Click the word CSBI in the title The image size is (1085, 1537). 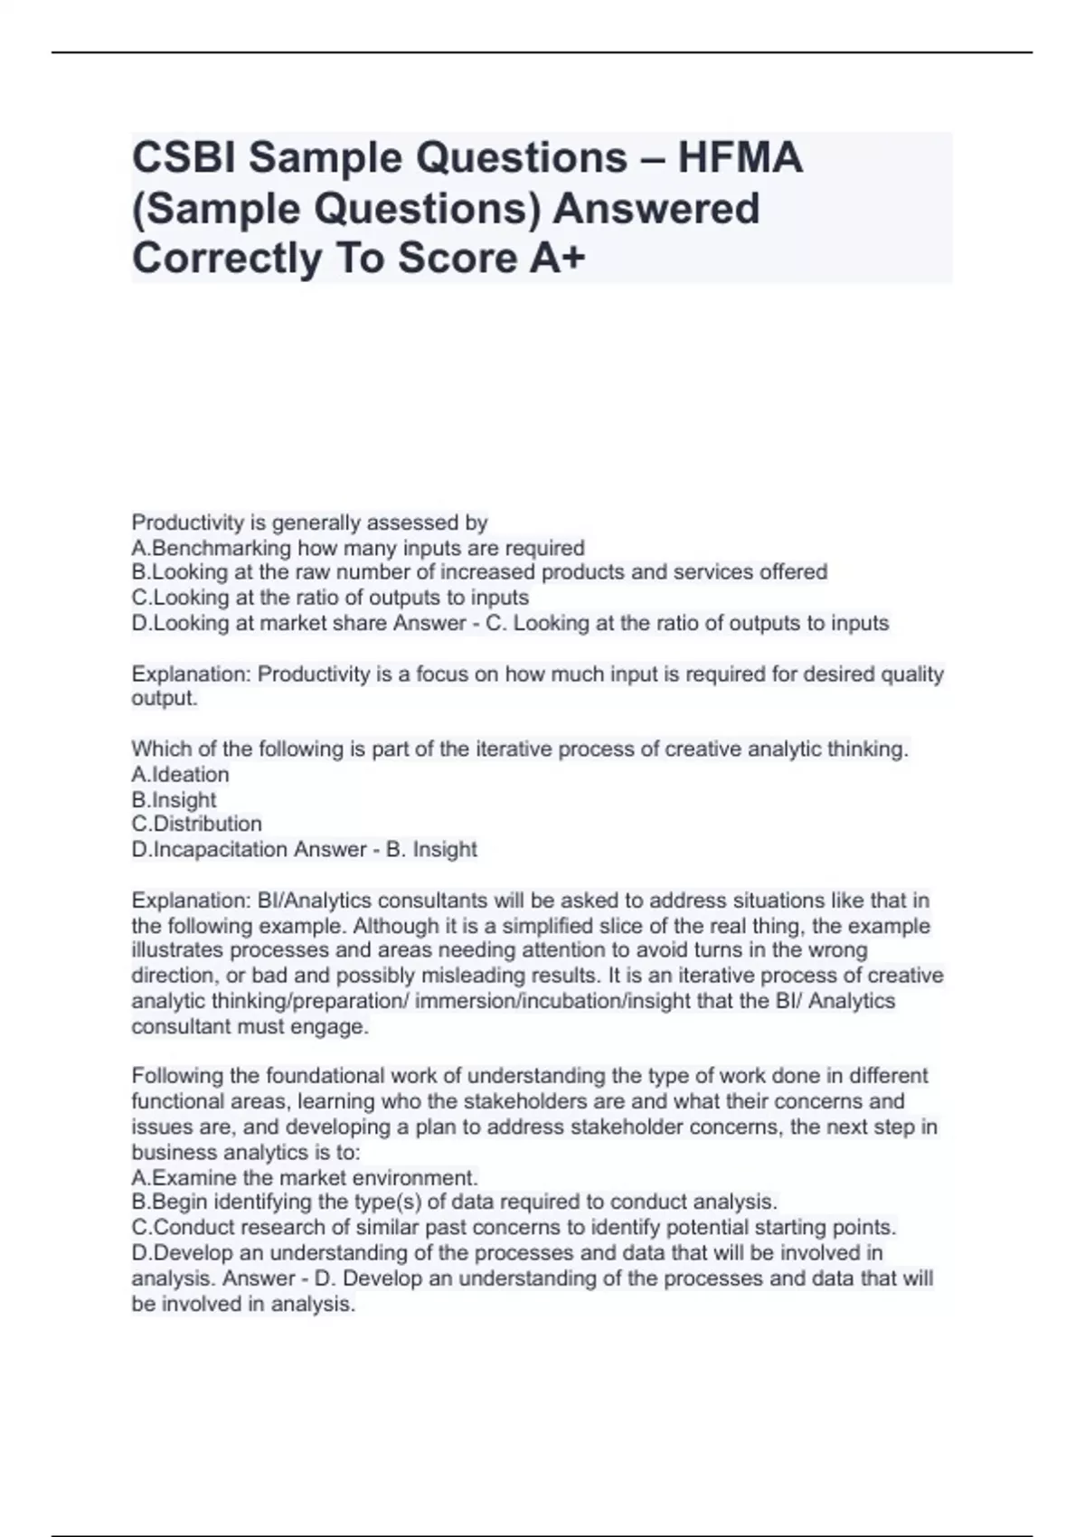(184, 158)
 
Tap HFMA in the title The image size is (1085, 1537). (740, 158)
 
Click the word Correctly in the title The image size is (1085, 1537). (227, 259)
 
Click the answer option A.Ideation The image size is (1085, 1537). (180, 775)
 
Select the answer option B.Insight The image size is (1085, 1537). (174, 800)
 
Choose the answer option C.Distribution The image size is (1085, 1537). (196, 825)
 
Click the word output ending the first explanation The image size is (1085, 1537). (163, 699)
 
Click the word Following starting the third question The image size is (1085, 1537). (177, 1076)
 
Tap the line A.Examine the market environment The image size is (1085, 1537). (304, 1178)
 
